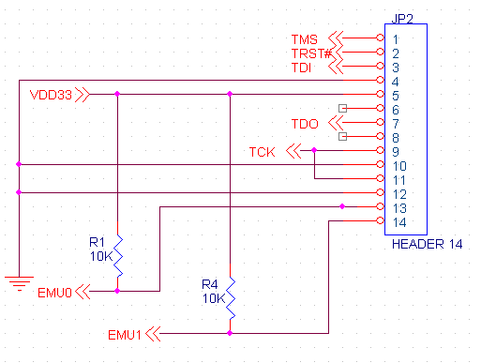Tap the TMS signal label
(305, 39)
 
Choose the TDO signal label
(306, 124)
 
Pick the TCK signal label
(263, 151)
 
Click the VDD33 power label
(51, 95)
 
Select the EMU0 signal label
(55, 292)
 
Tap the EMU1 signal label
(125, 333)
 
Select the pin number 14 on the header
(398, 221)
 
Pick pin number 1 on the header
(397, 39)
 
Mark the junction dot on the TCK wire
(314, 150)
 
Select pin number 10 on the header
(398, 165)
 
